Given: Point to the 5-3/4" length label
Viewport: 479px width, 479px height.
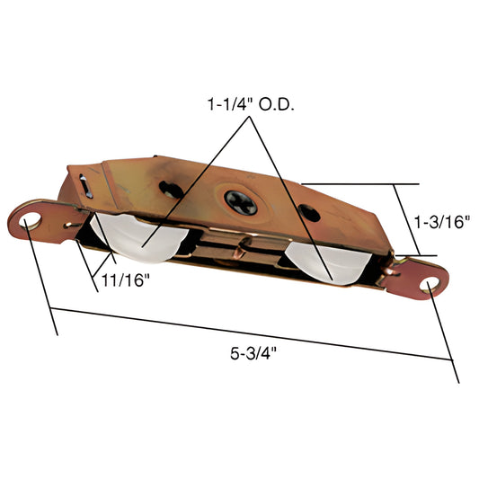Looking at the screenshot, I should (253, 350).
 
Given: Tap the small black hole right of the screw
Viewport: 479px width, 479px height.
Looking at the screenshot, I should (310, 211).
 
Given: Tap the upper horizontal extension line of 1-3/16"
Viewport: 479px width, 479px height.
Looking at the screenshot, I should (359, 183).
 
